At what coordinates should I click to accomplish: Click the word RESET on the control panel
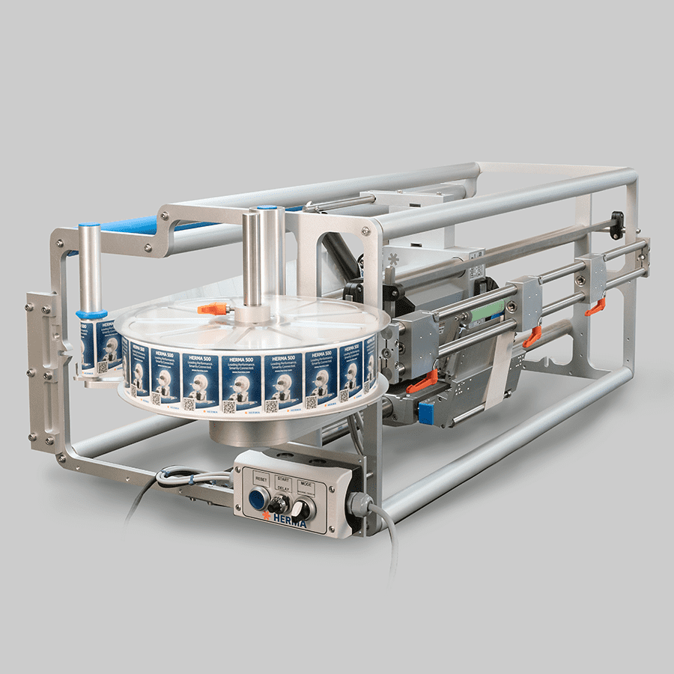coord(261,477)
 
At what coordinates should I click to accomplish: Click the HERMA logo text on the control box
coord(288,522)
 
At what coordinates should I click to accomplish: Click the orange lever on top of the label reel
coord(213,308)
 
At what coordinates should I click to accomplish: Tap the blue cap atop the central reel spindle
coord(267,209)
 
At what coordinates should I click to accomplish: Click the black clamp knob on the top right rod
coord(616,222)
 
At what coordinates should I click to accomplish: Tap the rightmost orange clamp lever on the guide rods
coord(596,306)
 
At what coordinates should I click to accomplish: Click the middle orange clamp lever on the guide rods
coord(532,336)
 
